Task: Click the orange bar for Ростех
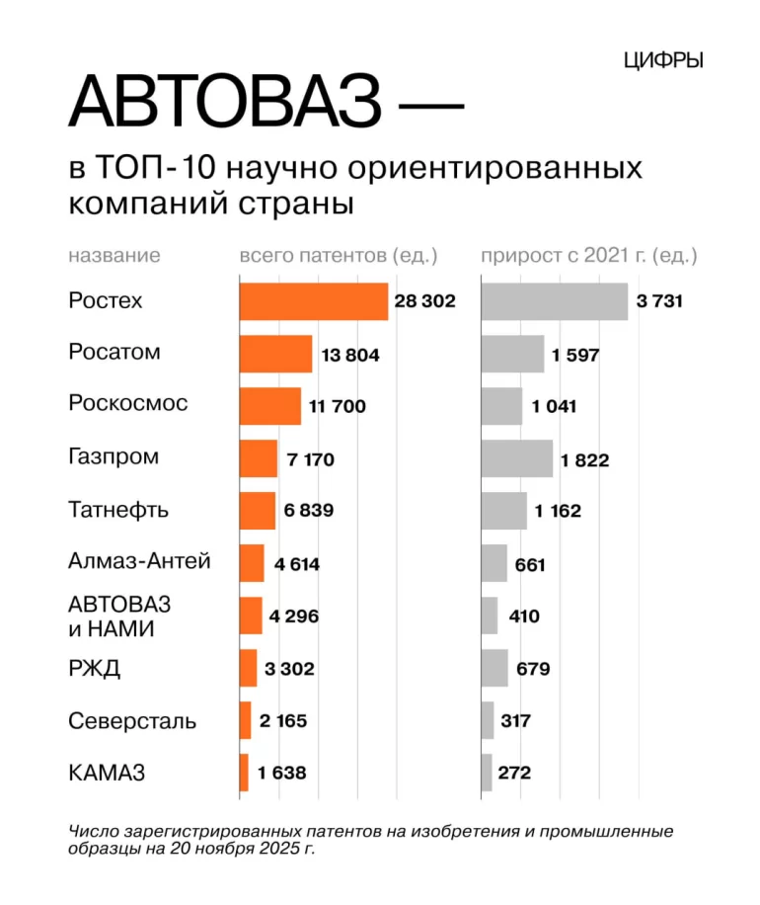pyautogui.click(x=314, y=301)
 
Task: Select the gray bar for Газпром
pyautogui.click(x=517, y=458)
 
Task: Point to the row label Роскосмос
pyautogui.click(x=128, y=404)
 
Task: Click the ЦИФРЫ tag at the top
pyautogui.click(x=663, y=60)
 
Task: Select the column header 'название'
pyautogui.click(x=114, y=256)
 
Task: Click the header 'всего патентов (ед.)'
pyautogui.click(x=339, y=256)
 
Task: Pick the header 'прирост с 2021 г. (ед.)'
pyautogui.click(x=589, y=256)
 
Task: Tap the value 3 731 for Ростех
pyautogui.click(x=659, y=301)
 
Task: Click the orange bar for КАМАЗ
pyautogui.click(x=244, y=773)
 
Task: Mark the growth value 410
pyautogui.click(x=524, y=617)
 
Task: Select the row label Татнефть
pyautogui.click(x=118, y=511)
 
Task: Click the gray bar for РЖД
pyautogui.click(x=494, y=668)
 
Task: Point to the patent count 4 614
pyautogui.click(x=297, y=564)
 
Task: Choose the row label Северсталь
pyautogui.click(x=132, y=721)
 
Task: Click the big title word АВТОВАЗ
pyautogui.click(x=225, y=102)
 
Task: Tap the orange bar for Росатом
pyautogui.click(x=275, y=354)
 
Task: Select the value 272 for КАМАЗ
pyautogui.click(x=514, y=773)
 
